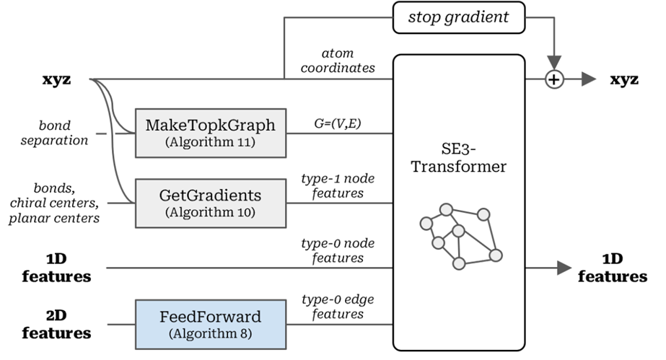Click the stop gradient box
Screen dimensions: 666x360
coord(459,17)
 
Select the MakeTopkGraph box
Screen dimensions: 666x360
coord(211,133)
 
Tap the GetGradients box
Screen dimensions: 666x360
coord(211,203)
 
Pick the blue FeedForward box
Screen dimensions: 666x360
coord(211,325)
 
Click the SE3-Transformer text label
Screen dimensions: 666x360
coord(459,157)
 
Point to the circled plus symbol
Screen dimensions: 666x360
coord(554,79)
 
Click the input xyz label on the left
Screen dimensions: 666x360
coord(56,79)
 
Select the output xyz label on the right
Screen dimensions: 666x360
coord(624,79)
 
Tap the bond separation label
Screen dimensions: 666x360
coord(54,133)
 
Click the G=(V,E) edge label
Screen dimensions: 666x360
coord(338,123)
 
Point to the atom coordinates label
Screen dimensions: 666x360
coord(338,61)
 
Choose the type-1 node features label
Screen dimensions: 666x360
coord(338,185)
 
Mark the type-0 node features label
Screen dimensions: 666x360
coord(338,250)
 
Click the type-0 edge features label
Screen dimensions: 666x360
coord(338,307)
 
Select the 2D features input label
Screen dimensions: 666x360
coord(56,325)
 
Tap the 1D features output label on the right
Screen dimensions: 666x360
coord(613,268)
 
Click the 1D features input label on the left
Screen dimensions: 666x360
coord(56,268)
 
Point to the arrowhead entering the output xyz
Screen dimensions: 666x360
coord(589,79)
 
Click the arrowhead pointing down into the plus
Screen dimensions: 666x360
coord(554,63)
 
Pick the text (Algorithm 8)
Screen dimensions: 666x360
coord(211,334)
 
